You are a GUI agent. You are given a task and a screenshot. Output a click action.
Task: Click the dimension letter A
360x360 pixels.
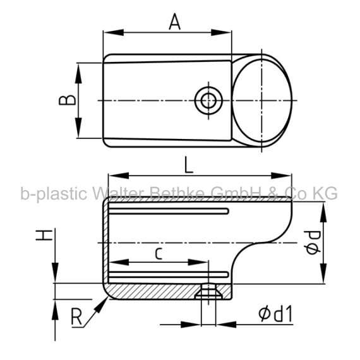(x=175, y=21)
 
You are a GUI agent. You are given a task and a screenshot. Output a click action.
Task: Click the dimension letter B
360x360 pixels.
(x=67, y=100)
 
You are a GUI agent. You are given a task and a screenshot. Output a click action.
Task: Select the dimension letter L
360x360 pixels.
(x=189, y=165)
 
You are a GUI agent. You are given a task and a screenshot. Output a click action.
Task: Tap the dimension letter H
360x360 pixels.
(x=44, y=234)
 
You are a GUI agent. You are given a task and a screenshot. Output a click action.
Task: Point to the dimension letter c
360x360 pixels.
(x=159, y=254)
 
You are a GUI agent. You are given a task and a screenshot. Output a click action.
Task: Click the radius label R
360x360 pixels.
(x=76, y=317)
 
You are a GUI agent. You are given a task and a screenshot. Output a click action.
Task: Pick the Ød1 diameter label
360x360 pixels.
(x=275, y=314)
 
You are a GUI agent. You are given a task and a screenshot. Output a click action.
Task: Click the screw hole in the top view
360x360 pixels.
(x=208, y=100)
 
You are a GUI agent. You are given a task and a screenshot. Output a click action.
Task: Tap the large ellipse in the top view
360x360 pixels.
(x=262, y=100)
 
